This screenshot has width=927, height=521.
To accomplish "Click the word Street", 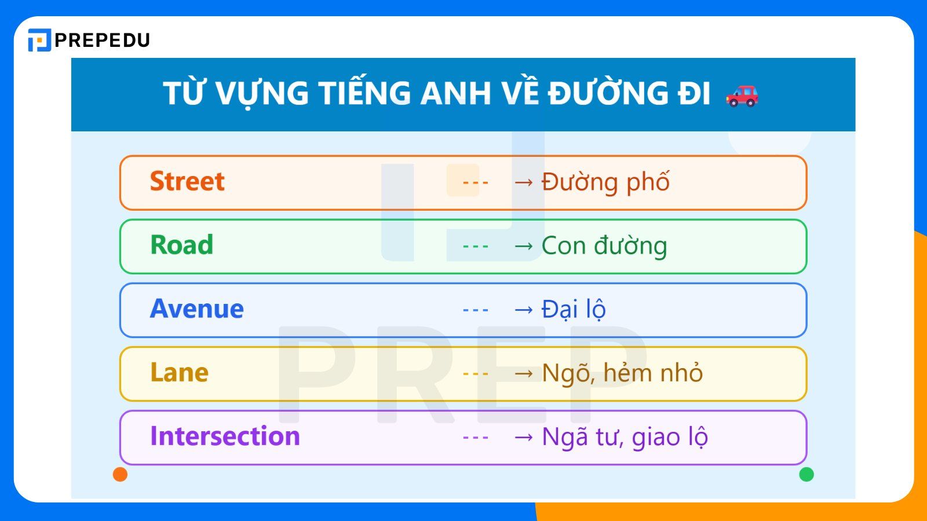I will (x=187, y=182).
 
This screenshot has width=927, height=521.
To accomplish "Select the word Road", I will (x=181, y=245).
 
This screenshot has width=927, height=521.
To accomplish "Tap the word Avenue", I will (x=196, y=309).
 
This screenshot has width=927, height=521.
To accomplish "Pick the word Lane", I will (x=179, y=373).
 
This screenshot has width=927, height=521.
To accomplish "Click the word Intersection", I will (x=225, y=436).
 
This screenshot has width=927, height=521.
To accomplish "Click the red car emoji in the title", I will (x=742, y=96).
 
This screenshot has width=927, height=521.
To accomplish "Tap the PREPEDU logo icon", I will (x=39, y=40).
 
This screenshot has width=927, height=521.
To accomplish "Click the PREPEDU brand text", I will (x=103, y=40).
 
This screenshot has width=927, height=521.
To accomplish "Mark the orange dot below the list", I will (x=120, y=475).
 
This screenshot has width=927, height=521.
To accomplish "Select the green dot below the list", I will (x=806, y=475).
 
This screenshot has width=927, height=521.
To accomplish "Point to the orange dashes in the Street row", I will (x=476, y=183).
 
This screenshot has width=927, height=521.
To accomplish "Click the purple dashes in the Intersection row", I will (x=476, y=438).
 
